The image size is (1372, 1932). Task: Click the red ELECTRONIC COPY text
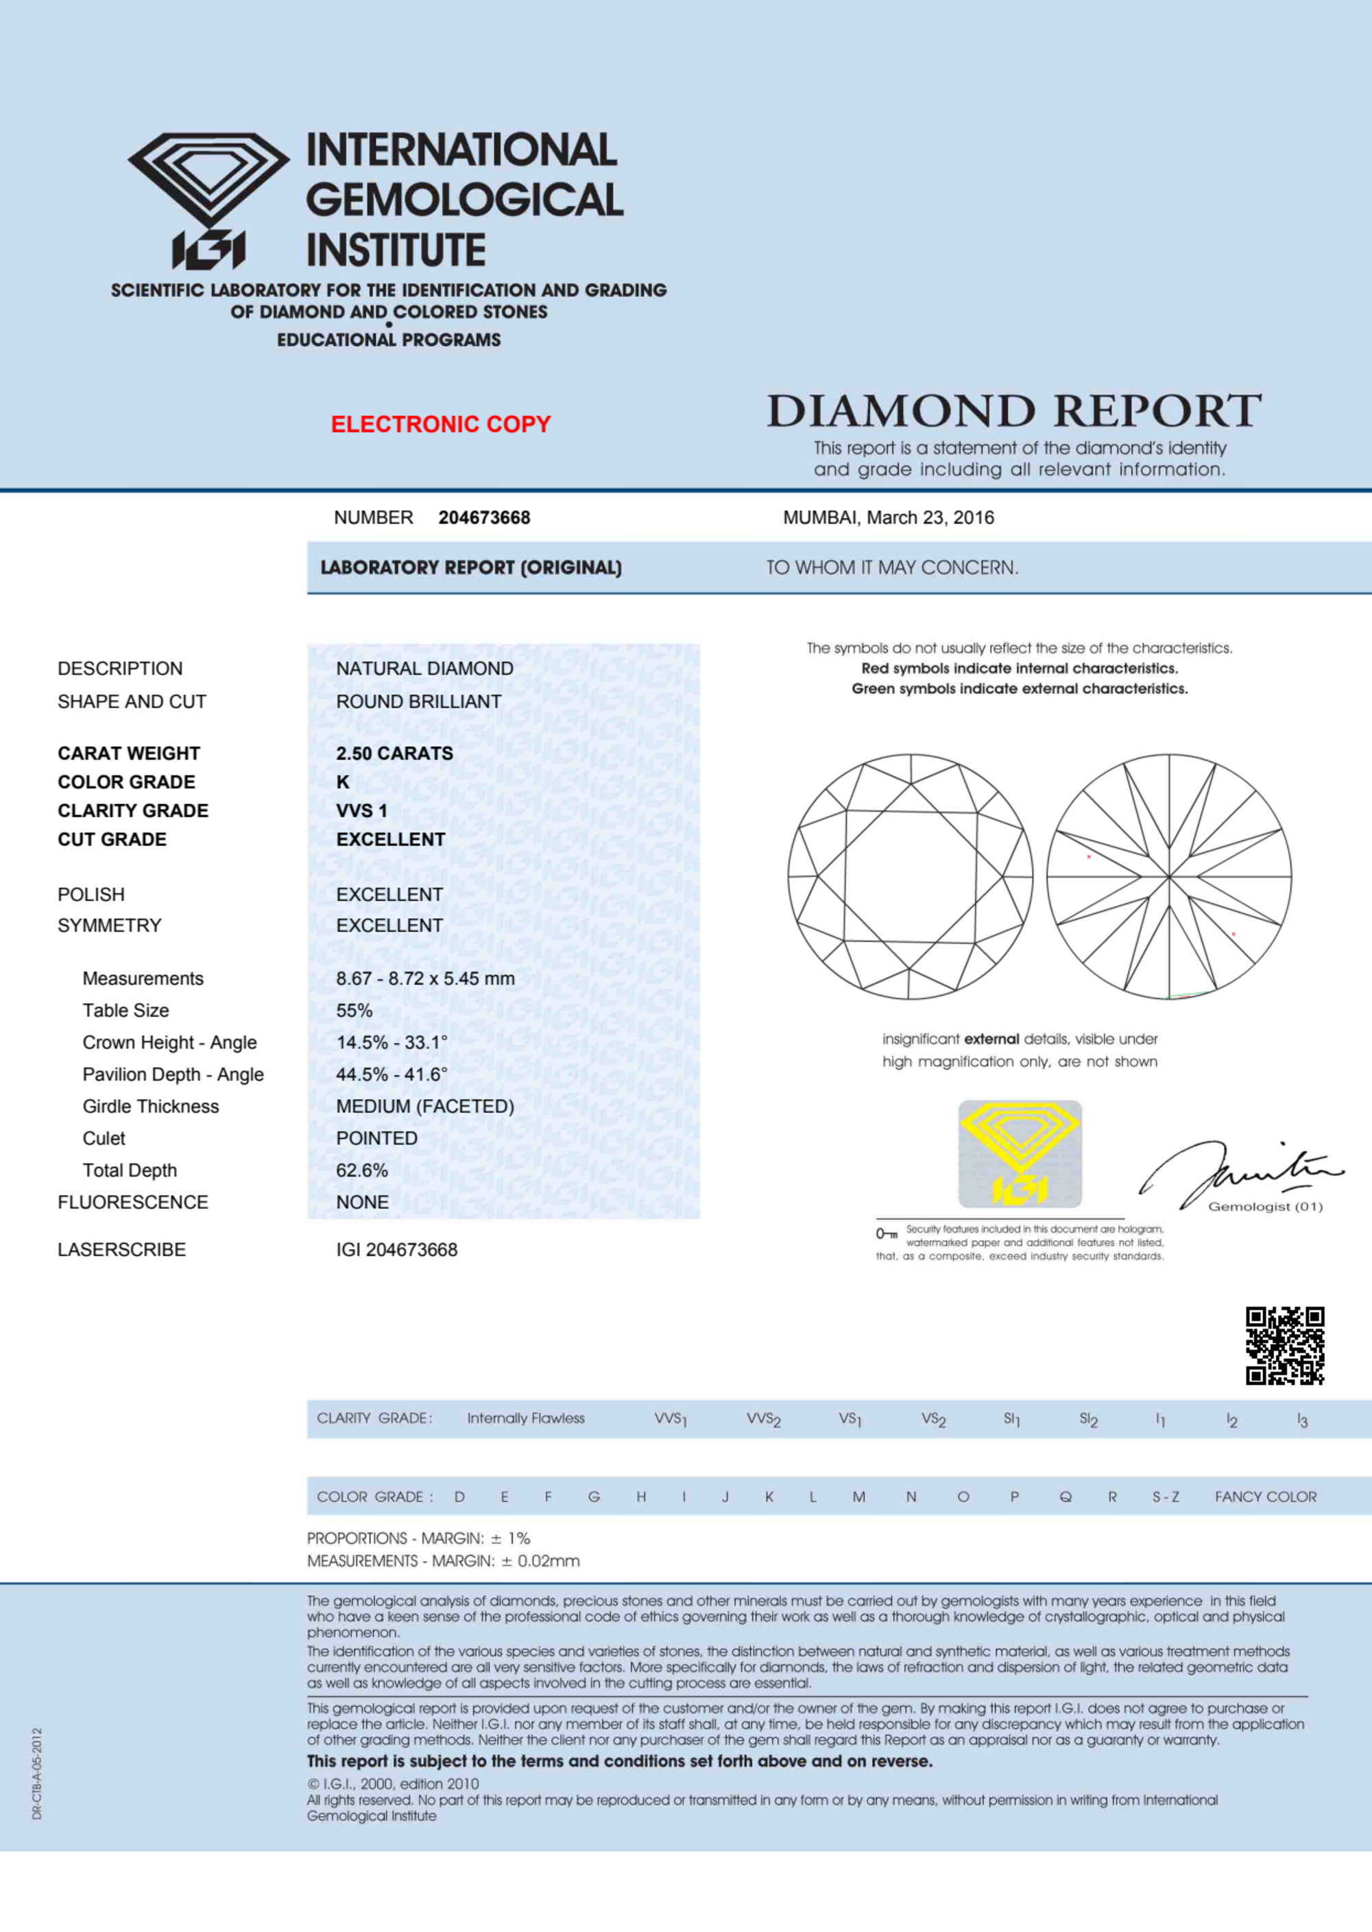[x=440, y=424]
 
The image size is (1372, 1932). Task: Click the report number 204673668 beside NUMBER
[x=484, y=518]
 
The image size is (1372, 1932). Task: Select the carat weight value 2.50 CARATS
[x=394, y=753]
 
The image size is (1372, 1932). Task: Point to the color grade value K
[x=343, y=782]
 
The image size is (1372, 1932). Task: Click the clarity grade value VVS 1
[x=361, y=811]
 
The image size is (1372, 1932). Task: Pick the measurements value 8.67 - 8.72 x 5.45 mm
[x=425, y=978]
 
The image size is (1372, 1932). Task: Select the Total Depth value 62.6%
[x=361, y=1170]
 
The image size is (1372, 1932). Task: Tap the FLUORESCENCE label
[x=132, y=1202]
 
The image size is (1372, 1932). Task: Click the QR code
[x=1284, y=1346]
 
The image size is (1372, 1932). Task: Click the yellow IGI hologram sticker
[x=1020, y=1153]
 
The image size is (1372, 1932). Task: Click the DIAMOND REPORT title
[x=1014, y=411]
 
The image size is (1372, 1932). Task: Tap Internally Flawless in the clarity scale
[x=525, y=1418]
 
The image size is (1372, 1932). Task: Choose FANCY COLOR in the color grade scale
[x=1265, y=1497]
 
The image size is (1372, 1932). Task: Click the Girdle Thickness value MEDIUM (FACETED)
[x=425, y=1107]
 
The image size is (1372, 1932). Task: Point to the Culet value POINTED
[x=377, y=1138]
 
